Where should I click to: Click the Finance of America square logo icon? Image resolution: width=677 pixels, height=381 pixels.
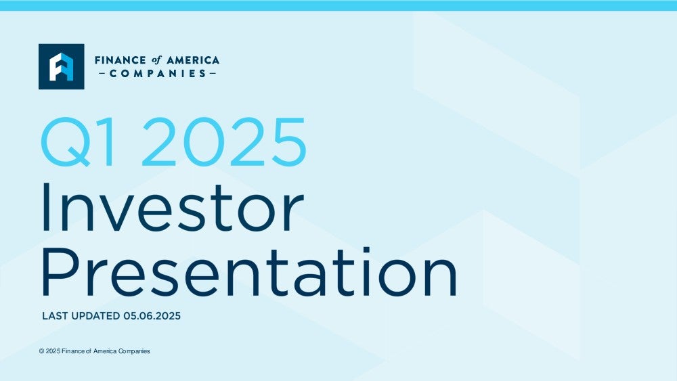point(62,66)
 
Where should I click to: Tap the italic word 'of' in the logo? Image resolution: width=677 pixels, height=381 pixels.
point(156,60)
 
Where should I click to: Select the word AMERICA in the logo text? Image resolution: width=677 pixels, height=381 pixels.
point(193,60)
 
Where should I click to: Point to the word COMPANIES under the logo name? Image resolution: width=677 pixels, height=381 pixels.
point(158,74)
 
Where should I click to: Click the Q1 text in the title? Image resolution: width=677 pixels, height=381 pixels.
point(79,142)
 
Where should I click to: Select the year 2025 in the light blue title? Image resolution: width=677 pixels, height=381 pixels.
point(224,141)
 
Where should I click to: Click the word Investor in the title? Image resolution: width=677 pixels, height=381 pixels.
point(173,208)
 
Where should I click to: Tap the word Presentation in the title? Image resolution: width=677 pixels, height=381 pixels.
point(249,271)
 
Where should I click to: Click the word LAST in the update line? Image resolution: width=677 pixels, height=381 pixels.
point(56,316)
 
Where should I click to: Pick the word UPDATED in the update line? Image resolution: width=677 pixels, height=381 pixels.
point(95,316)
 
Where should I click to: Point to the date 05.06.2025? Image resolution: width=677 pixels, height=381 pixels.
point(152,316)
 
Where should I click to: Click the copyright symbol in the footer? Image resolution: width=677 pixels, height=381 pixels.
point(41,351)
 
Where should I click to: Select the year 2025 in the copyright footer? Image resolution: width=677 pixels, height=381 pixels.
point(53,351)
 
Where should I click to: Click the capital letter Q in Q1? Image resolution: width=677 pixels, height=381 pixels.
point(66,142)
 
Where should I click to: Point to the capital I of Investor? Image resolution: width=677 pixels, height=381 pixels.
point(45,208)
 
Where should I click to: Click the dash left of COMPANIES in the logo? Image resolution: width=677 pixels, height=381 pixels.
point(102,74)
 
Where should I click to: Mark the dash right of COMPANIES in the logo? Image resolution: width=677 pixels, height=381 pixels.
point(213,74)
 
